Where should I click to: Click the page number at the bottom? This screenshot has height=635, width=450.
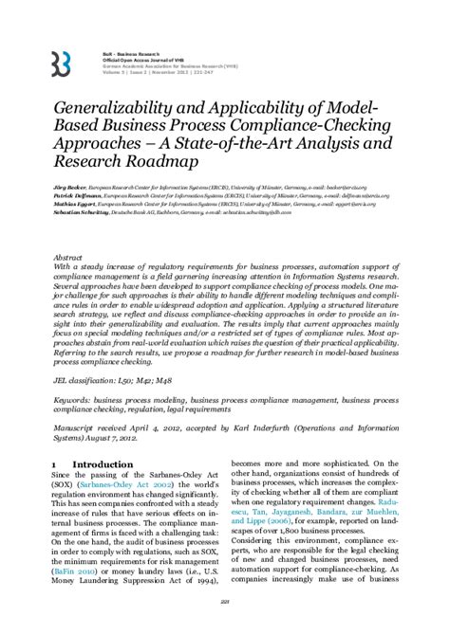pyautogui.click(x=224, y=625)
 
